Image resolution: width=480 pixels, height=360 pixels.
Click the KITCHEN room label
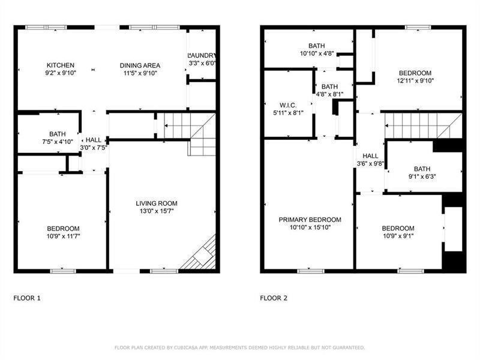tap(61, 65)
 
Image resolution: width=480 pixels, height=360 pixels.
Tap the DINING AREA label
tap(140, 65)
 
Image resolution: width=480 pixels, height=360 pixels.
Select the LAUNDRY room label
tap(202, 55)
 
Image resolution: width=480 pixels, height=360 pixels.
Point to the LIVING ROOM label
tap(157, 203)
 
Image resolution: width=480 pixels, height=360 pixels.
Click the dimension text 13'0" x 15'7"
tap(157, 211)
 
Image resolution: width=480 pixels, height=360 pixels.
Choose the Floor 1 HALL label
tap(94, 140)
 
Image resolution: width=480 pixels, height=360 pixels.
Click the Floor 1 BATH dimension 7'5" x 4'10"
tap(58, 142)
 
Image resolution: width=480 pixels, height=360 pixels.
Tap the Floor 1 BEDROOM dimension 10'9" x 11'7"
tap(63, 236)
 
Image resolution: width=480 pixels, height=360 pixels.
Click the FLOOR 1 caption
tap(27, 298)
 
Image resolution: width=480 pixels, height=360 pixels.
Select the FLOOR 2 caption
tap(274, 298)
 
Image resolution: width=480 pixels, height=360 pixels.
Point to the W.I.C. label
tap(288, 106)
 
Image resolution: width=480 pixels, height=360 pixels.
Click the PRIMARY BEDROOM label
tap(310, 220)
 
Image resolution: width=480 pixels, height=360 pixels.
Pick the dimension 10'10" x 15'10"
tap(310, 227)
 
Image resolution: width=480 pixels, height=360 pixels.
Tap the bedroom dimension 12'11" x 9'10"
tap(415, 81)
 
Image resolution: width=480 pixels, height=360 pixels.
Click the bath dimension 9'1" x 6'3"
tap(422, 176)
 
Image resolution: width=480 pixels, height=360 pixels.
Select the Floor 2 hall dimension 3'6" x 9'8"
tap(370, 164)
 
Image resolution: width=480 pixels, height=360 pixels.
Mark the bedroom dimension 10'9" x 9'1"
tap(398, 236)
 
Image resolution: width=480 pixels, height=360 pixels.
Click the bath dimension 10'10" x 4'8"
tap(317, 53)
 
